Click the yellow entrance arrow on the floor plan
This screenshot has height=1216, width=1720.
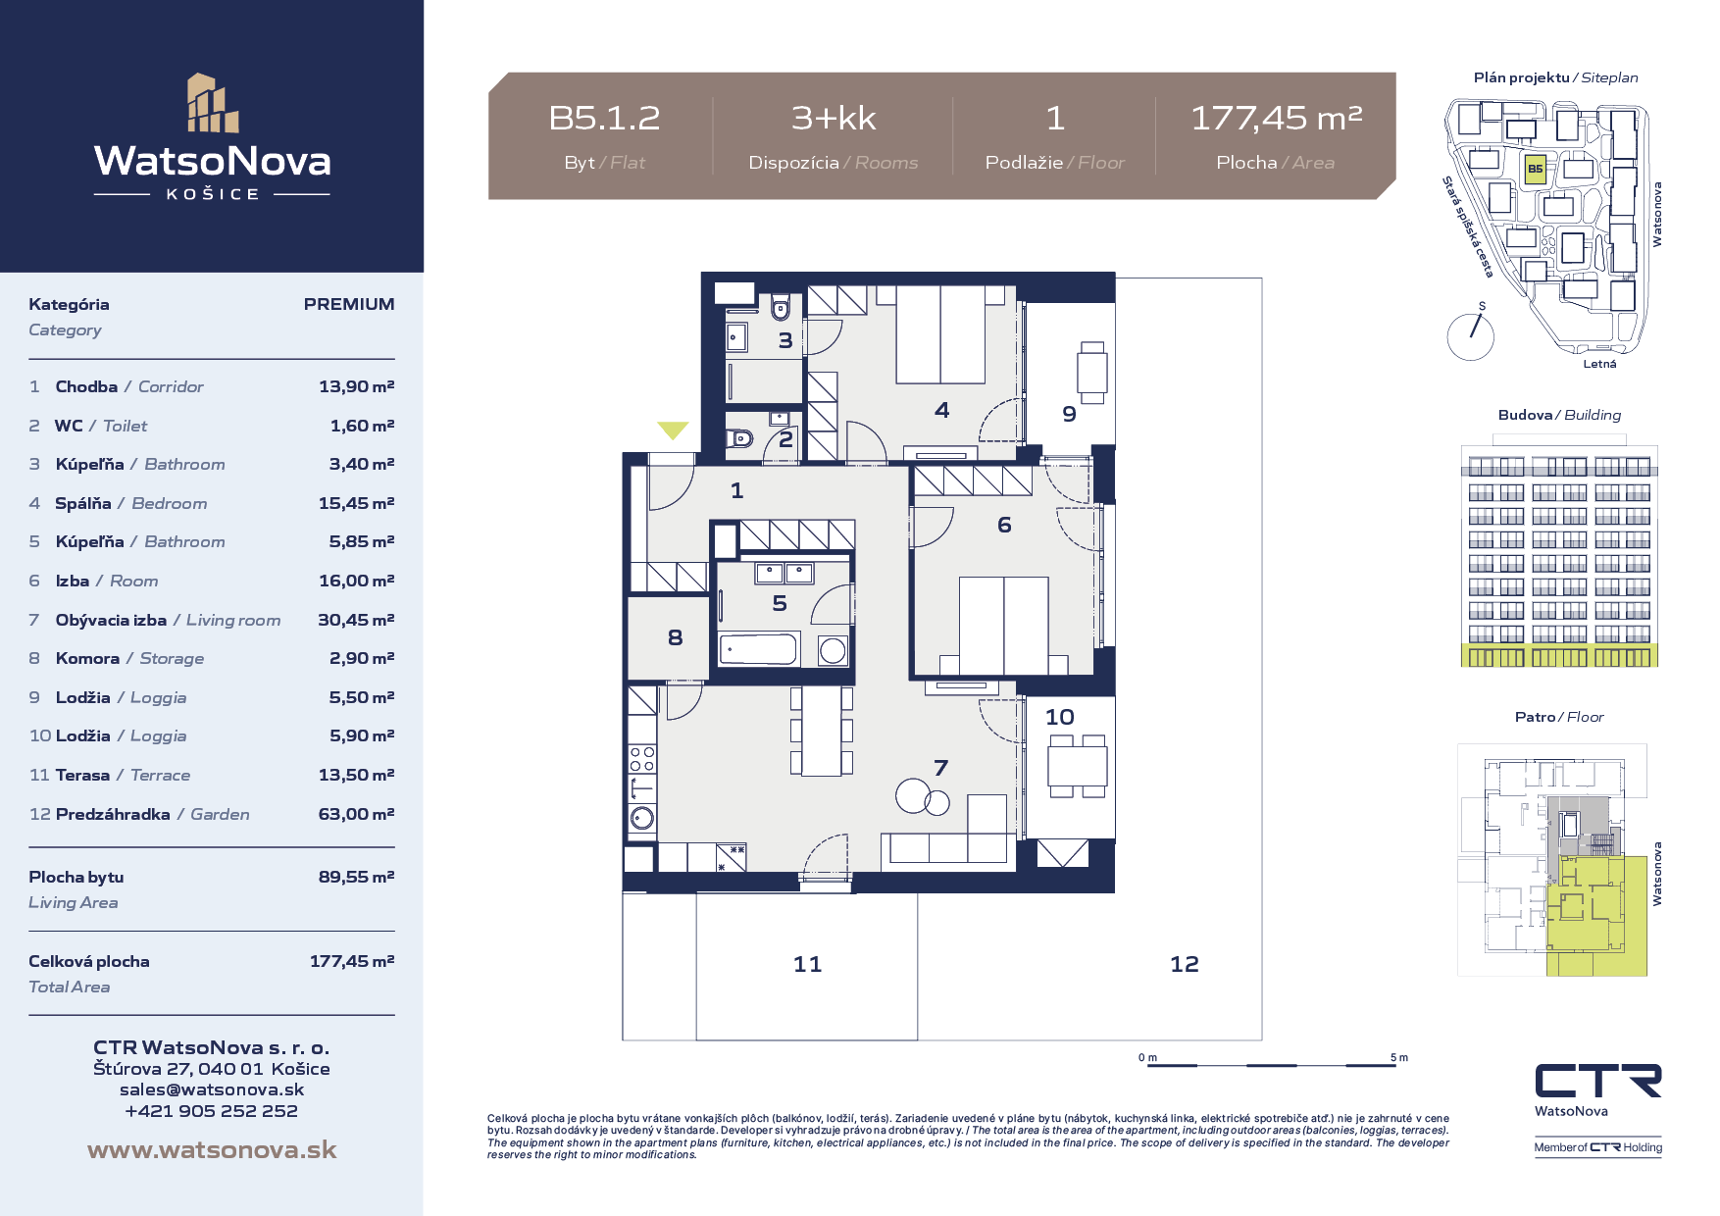click(x=673, y=430)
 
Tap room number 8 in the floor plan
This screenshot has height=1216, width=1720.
click(x=675, y=638)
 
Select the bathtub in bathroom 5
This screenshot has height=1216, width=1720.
click(x=759, y=649)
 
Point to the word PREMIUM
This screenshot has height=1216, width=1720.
click(x=349, y=304)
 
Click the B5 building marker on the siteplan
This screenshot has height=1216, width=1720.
click(x=1535, y=169)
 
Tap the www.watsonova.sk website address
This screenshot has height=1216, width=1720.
click(x=212, y=1150)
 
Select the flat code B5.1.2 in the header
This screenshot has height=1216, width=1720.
click(x=604, y=119)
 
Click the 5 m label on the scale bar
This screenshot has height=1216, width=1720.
click(x=1398, y=1057)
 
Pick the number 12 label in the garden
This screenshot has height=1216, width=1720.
click(x=1185, y=964)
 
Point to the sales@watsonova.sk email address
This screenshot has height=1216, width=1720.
click(x=212, y=1089)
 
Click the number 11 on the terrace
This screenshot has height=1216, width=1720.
click(x=808, y=964)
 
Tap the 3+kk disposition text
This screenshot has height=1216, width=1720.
click(x=834, y=119)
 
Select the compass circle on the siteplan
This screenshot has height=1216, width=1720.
click(x=1471, y=336)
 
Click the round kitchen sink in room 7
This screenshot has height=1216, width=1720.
click(x=642, y=818)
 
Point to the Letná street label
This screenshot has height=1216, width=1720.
click(x=1599, y=364)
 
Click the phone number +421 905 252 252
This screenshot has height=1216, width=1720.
click(x=212, y=1111)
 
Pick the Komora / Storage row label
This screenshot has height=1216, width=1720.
click(x=129, y=659)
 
